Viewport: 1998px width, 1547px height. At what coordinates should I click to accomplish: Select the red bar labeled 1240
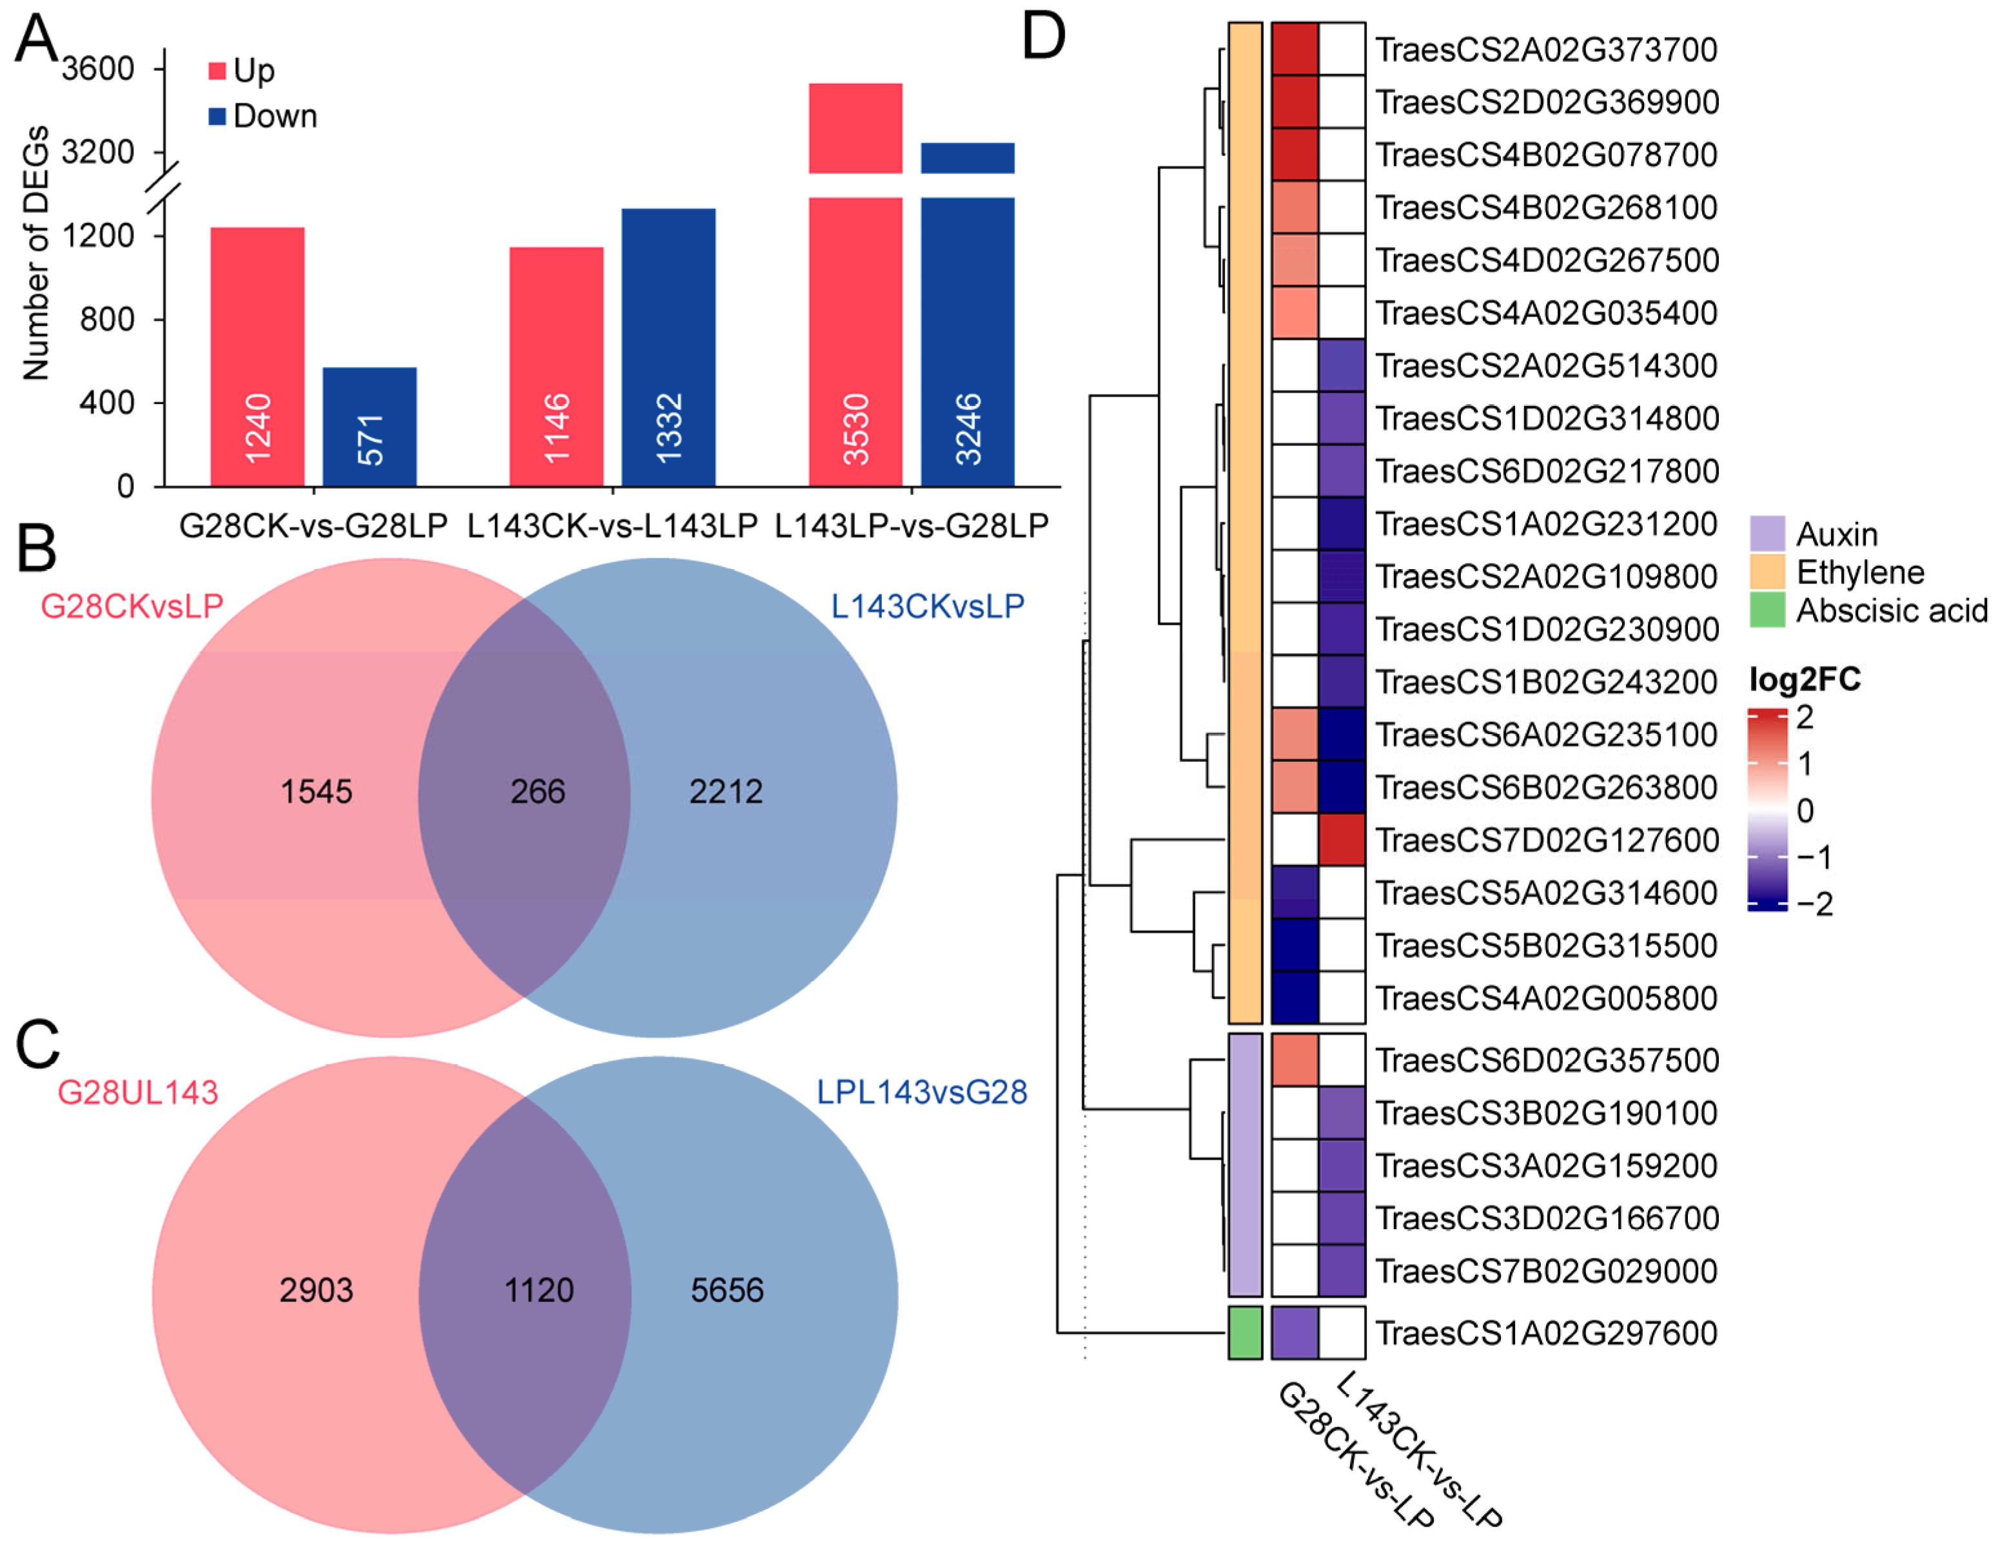[x=257, y=357]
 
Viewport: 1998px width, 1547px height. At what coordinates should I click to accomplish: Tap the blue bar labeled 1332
[x=668, y=347]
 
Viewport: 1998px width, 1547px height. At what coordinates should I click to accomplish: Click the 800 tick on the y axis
[x=107, y=319]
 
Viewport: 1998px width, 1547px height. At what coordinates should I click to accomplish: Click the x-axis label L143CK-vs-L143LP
[x=612, y=526]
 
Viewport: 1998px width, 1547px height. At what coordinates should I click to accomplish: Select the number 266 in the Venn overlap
[x=538, y=792]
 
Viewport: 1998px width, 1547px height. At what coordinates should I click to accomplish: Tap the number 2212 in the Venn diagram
[x=725, y=792]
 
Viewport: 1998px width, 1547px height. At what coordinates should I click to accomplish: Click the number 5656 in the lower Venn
[x=727, y=1290]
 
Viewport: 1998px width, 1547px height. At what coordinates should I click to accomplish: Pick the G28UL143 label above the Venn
[x=138, y=1093]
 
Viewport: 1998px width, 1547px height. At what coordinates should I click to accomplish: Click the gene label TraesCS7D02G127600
[x=1547, y=840]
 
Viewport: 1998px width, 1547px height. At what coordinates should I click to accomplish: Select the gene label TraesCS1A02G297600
[x=1546, y=1333]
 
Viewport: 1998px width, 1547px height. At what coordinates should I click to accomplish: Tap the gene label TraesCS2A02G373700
[x=1546, y=50]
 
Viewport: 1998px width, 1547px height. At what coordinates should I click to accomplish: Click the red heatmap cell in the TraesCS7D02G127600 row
[x=1342, y=840]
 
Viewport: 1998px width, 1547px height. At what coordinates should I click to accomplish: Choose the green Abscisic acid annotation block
[x=1244, y=1333]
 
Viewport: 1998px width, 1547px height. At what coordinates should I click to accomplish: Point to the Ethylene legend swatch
[x=1767, y=572]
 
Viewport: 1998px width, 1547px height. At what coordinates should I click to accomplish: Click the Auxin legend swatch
[x=1767, y=533]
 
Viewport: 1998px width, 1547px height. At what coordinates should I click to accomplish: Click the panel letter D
[x=1043, y=37]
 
